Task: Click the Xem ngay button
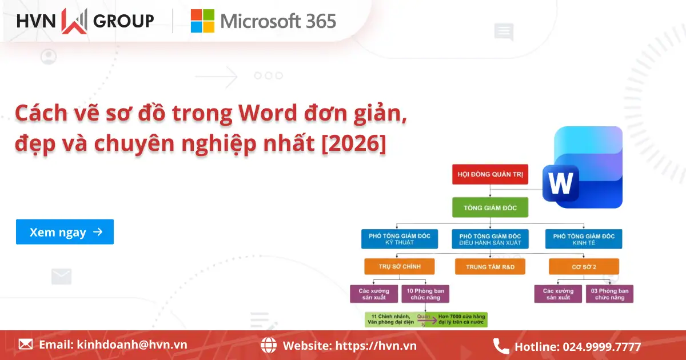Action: click(65, 232)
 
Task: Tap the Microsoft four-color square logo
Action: click(202, 21)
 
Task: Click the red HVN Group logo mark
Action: click(74, 21)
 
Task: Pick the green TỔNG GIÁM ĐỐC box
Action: click(490, 207)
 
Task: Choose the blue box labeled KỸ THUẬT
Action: click(399, 239)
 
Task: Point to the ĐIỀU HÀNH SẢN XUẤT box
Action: click(490, 239)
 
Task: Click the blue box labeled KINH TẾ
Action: click(583, 239)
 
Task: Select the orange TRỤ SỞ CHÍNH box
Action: click(399, 266)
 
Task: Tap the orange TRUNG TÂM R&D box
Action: click(490, 266)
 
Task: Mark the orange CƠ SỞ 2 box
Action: click(583, 266)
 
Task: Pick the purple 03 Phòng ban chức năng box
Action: click(609, 294)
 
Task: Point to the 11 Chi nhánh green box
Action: click(390, 319)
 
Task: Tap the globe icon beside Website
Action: click(269, 345)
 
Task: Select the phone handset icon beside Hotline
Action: click(501, 346)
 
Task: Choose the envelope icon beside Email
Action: click(26, 344)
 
